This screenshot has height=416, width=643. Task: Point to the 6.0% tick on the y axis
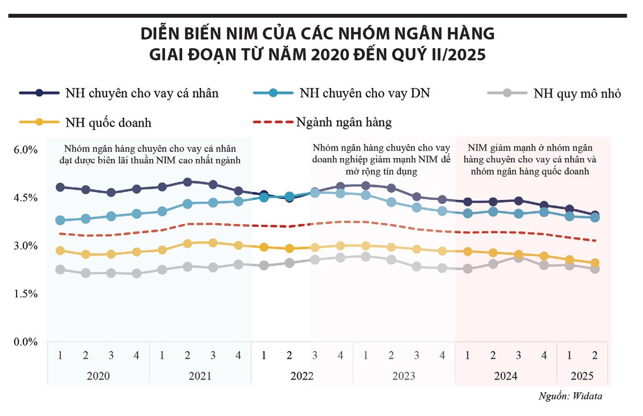coord(25,150)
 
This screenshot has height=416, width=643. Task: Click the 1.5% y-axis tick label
coord(25,294)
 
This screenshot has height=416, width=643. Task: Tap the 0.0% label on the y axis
coord(25,341)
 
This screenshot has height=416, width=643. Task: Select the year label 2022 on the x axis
coord(302,376)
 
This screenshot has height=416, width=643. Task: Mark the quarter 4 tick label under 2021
coord(238,355)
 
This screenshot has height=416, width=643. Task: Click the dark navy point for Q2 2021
coord(188,182)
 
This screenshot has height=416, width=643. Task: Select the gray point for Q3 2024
coord(518,258)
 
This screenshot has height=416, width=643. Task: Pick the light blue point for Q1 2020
coord(60,220)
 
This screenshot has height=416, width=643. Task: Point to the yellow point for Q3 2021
coord(213,243)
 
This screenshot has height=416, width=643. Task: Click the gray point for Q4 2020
coord(137,273)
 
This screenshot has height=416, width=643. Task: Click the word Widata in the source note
coord(592,396)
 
